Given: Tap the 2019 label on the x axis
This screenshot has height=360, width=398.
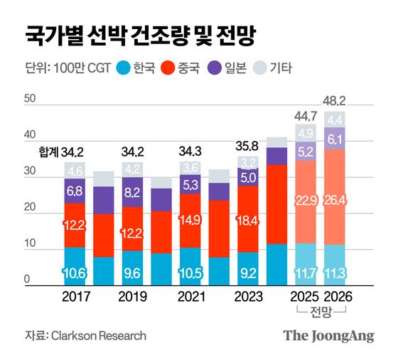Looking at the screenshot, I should tap(132, 295).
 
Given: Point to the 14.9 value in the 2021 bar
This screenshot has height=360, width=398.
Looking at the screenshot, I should tap(190, 221).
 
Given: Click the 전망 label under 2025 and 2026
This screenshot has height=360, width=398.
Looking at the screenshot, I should tap(321, 311).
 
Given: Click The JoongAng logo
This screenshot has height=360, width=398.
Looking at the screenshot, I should tap(328, 336).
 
